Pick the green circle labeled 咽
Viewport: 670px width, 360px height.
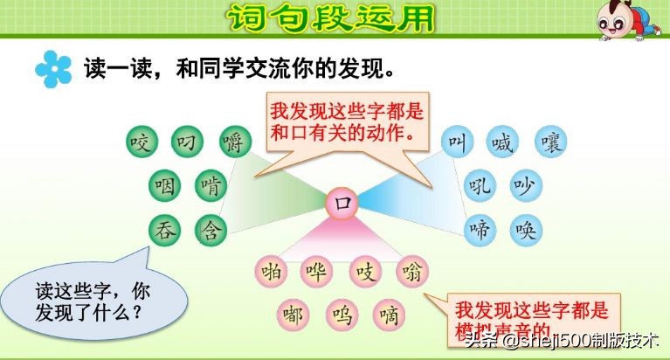click(x=164, y=186)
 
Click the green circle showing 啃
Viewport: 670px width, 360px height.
click(x=211, y=186)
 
